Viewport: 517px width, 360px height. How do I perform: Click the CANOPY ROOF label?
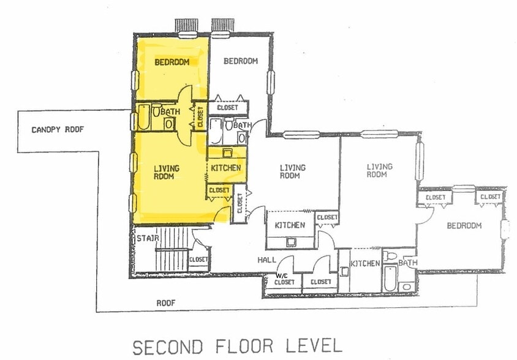click(x=57, y=130)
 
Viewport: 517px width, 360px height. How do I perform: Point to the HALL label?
click(x=266, y=260)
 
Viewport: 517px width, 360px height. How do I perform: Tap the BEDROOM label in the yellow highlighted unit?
click(x=172, y=62)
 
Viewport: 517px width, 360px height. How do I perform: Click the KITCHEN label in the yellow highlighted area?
click(x=226, y=168)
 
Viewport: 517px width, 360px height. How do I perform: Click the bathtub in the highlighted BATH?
click(x=143, y=118)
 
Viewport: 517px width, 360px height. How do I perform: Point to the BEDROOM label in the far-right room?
click(x=464, y=225)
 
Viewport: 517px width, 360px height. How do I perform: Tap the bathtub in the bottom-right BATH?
click(x=390, y=279)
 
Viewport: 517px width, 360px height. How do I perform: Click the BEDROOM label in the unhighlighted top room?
click(x=240, y=61)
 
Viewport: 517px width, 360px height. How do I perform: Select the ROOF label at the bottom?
click(x=166, y=302)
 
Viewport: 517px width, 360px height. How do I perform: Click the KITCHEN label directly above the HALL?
click(x=289, y=225)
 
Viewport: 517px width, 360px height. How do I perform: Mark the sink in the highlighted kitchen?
click(x=227, y=153)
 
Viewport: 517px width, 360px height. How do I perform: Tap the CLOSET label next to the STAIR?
click(x=198, y=260)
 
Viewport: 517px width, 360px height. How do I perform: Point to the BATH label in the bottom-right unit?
click(x=407, y=263)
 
